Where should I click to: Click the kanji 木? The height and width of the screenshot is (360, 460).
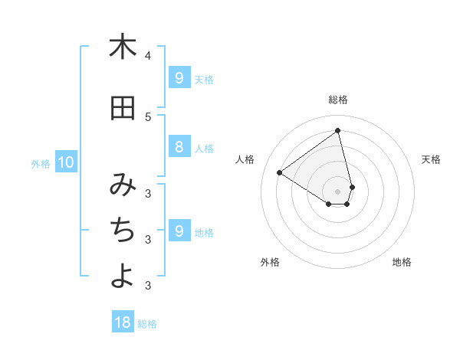123,47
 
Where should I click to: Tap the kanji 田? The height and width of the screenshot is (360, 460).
123,109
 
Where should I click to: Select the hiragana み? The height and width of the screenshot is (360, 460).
123,185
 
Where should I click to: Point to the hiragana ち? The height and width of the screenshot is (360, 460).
123,229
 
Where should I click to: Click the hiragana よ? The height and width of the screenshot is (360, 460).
123,275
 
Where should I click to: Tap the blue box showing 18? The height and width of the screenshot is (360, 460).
123,322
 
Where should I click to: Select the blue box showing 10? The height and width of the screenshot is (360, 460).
65,162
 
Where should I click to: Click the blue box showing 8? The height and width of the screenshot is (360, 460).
179,147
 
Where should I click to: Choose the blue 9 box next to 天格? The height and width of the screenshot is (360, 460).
179,78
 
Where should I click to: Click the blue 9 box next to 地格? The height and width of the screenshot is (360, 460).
179,231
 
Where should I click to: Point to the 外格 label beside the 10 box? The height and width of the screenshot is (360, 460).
41,163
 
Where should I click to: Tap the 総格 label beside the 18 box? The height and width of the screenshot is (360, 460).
147,324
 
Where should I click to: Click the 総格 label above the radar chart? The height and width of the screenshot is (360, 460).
338,100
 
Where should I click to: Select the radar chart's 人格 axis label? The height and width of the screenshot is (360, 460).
245,159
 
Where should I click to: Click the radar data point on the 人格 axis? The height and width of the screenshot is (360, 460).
279,173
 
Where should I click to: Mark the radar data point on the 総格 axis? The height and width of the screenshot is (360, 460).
338,130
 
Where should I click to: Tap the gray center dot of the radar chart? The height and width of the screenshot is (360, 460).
338,191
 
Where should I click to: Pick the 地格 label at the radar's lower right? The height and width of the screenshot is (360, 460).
402,262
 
